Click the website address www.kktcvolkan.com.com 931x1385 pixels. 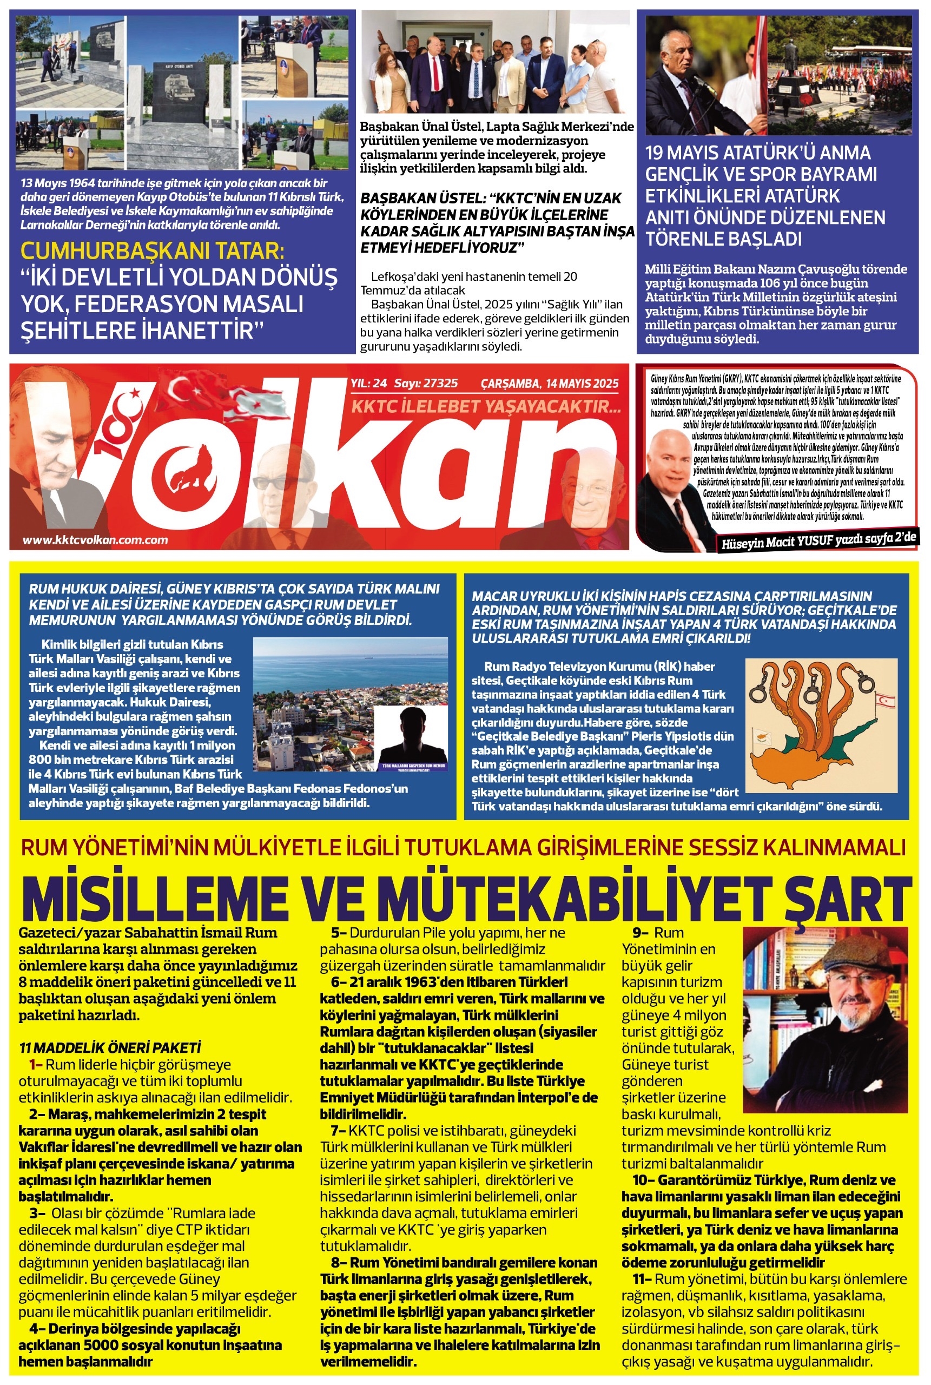95,540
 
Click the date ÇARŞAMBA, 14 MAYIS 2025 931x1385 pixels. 549,384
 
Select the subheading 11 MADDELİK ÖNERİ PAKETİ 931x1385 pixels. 110,1047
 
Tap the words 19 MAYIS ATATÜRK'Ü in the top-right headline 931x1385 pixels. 758,153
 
